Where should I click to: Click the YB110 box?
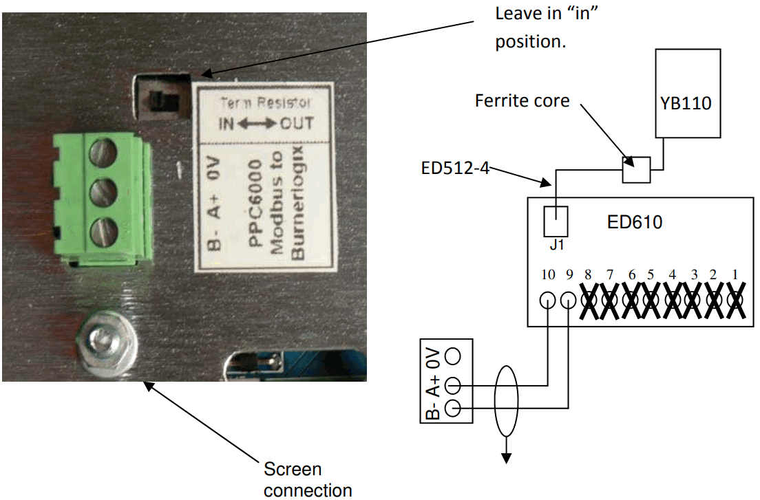[x=688, y=93]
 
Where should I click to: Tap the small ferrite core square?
[x=635, y=169]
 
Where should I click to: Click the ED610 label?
[x=635, y=222]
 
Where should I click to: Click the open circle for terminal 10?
[x=548, y=301]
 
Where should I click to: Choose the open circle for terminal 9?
[x=569, y=301]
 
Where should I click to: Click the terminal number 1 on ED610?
[x=735, y=274]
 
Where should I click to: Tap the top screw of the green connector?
[x=102, y=153]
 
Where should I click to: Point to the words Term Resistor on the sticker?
[x=265, y=103]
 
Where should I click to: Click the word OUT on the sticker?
[x=296, y=124]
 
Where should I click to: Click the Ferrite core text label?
[x=522, y=101]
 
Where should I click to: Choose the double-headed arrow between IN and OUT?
[x=257, y=124]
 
